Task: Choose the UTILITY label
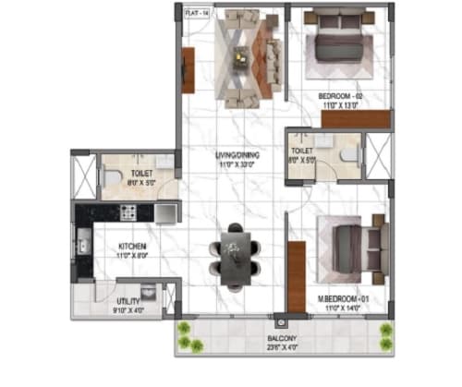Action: [128, 301]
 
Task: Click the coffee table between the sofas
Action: [240, 59]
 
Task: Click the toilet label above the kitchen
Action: [140, 173]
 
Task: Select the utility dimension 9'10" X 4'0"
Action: [128, 310]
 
